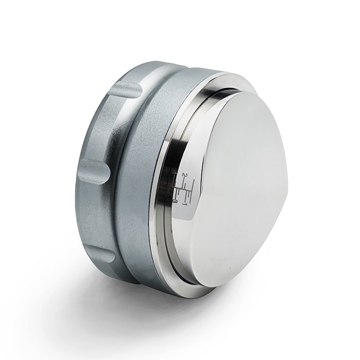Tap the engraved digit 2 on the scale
[x=184, y=174]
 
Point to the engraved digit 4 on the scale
[x=174, y=173]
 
